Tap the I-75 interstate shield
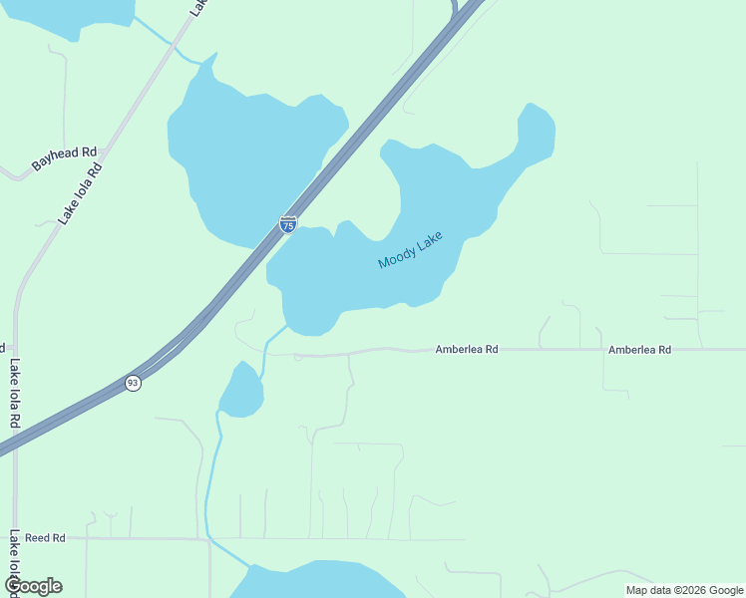287,224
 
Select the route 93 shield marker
133,383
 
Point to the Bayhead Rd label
63,158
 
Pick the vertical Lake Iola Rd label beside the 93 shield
14,394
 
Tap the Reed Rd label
45,537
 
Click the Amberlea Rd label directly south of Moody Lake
466,350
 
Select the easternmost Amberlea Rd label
639,350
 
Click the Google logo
33,586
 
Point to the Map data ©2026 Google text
684,590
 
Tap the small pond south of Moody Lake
241,392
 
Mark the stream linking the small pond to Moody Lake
265,349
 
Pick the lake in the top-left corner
70,15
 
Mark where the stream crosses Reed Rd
207,538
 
